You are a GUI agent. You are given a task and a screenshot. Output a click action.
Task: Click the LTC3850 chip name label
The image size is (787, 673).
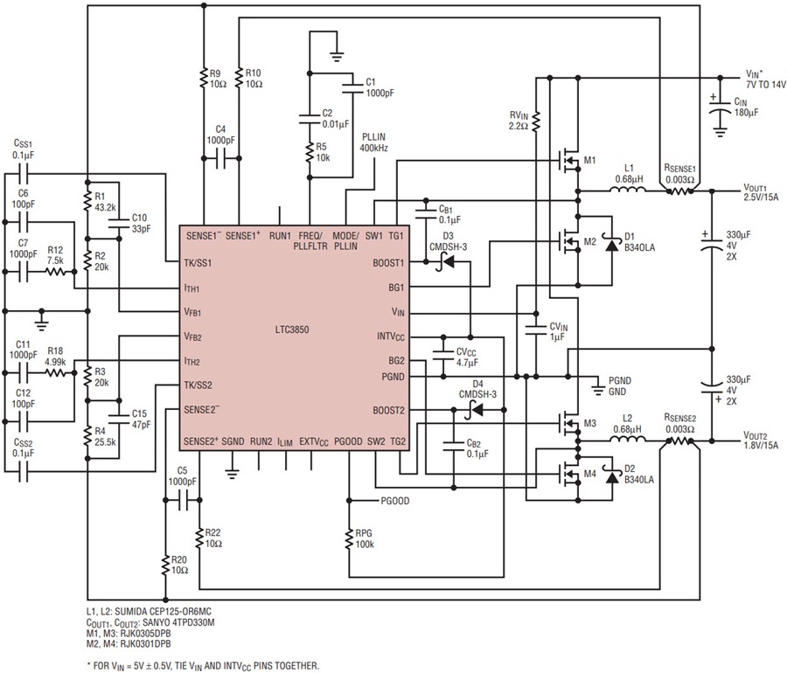(x=291, y=330)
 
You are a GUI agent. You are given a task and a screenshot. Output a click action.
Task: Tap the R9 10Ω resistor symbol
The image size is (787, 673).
(x=204, y=77)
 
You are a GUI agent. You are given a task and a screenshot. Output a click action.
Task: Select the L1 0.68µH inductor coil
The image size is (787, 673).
(x=628, y=189)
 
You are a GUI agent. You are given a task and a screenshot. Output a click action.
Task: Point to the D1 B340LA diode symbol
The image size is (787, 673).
(x=611, y=246)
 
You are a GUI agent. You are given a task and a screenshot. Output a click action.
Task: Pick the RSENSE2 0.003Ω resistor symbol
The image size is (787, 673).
(x=679, y=441)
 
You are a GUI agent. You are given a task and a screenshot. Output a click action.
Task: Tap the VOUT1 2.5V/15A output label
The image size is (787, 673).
(x=761, y=192)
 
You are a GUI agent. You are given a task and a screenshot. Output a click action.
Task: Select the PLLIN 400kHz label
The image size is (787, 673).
(x=373, y=142)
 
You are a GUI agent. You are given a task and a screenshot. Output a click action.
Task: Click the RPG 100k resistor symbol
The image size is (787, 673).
(x=348, y=538)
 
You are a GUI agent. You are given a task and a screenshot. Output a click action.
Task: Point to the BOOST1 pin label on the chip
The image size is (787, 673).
(x=388, y=263)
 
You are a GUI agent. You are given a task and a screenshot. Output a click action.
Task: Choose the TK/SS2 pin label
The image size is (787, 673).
(x=198, y=385)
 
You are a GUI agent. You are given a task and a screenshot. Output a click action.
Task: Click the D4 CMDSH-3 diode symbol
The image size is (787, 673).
(x=476, y=410)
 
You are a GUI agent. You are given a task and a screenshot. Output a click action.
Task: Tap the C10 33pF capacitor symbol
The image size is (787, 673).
(x=119, y=223)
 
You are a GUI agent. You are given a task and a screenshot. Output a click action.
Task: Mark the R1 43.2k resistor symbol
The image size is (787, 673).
(x=87, y=201)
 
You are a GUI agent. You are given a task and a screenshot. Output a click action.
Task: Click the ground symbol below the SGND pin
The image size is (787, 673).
(x=232, y=471)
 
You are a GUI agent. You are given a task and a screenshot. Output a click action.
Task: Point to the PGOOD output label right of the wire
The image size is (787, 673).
(x=395, y=501)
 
